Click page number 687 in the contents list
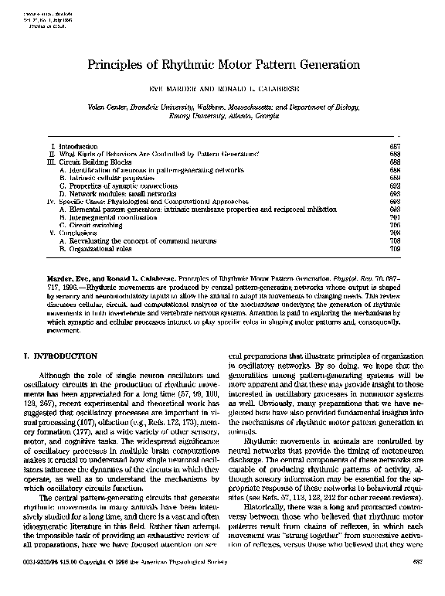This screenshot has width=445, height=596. click(x=393, y=145)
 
